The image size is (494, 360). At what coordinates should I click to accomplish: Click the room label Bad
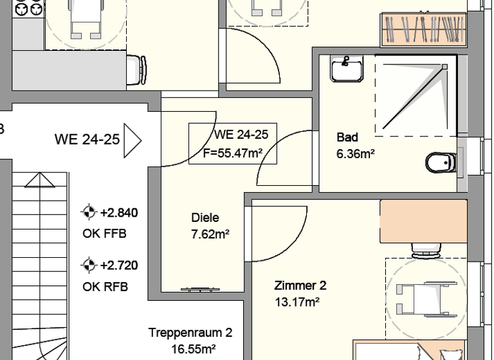point(347,138)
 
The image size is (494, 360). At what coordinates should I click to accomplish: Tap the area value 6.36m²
point(356,154)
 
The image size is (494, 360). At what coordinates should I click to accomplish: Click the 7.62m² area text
point(210,235)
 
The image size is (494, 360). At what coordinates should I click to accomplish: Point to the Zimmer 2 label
point(300,285)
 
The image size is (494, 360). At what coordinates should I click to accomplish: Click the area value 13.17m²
point(297,301)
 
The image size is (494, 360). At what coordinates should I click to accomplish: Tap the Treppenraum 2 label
point(190,333)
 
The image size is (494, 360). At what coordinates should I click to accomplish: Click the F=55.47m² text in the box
point(232,152)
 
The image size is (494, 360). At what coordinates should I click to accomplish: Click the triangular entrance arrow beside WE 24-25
point(132,138)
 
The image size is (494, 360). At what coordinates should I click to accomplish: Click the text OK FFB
point(105,233)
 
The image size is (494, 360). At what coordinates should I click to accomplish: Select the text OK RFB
point(105,287)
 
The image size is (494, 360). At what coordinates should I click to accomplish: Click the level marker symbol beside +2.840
point(89,212)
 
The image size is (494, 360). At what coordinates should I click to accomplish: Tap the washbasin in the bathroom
point(347,67)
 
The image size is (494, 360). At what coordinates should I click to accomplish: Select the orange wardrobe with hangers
point(424,29)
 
